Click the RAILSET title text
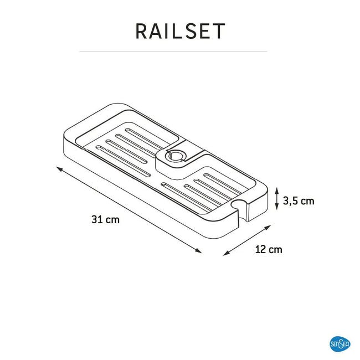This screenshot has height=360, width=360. click(180, 31)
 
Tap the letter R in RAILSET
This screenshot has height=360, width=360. click(141, 31)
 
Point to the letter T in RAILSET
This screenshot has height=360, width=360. click(218, 31)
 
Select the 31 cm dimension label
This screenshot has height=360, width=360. click(105, 219)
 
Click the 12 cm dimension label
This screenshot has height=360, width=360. click(269, 249)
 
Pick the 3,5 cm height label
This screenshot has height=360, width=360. click(299, 201)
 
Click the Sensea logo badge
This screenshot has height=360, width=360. click(340, 344)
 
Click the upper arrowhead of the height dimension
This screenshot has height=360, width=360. click(277, 190)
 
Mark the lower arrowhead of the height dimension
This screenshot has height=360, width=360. click(277, 207)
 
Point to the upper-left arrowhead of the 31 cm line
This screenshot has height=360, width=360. click(59, 169)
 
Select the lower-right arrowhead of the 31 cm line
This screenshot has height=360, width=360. click(198, 250)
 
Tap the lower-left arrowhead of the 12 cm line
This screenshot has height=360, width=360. click(227, 253)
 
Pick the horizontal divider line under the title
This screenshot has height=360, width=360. click(173, 52)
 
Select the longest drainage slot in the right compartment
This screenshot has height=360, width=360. click(187, 197)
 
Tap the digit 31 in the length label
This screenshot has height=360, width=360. click(96, 219)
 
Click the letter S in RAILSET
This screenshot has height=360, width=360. click(189, 31)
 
